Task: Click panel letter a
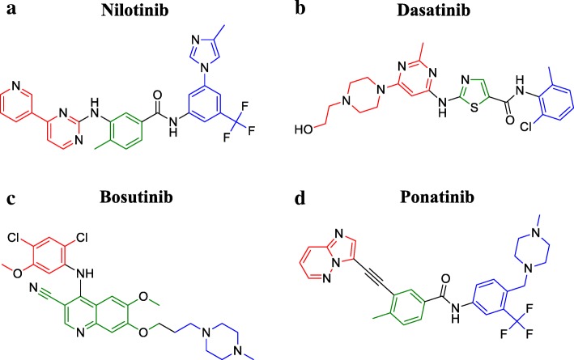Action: tap(11, 11)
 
